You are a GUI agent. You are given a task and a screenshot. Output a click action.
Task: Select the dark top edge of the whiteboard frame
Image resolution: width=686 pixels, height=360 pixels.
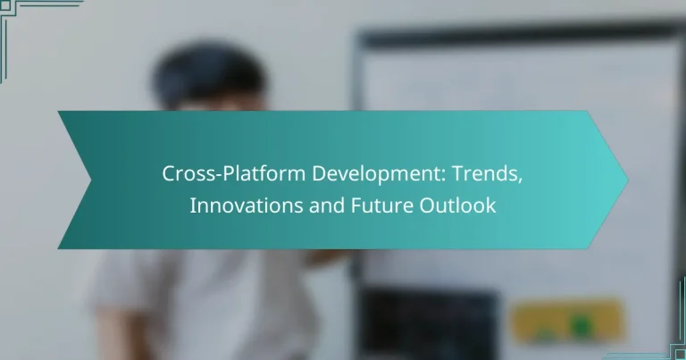(518, 36)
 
